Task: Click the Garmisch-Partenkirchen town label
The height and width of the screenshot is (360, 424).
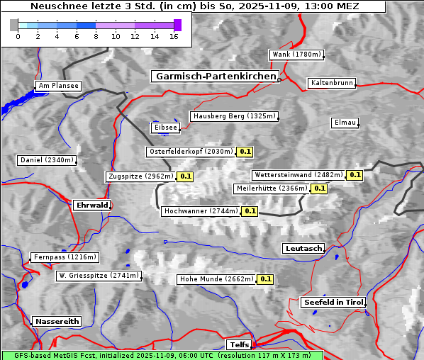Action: pos(214,76)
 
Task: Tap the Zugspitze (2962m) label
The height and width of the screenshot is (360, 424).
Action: pos(140,176)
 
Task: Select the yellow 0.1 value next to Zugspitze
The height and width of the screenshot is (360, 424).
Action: pos(185,176)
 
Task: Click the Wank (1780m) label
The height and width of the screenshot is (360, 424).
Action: pos(296,55)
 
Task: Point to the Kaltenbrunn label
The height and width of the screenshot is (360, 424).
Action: pos(331,83)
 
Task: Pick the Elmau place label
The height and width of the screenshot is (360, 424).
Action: pos(345,123)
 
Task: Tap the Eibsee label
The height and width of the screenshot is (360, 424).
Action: pos(164,128)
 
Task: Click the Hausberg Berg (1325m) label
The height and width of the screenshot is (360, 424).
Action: pos(234,116)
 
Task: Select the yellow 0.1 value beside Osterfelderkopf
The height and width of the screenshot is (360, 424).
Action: pos(245,152)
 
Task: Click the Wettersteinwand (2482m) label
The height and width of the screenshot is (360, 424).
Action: pos(299,175)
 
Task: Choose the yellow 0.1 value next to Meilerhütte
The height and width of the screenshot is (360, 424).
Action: pos(319,189)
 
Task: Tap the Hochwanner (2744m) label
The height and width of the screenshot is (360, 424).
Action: pos(201,211)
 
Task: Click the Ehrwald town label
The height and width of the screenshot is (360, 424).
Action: pos(91,205)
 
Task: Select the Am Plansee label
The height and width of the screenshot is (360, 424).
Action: pos(57,86)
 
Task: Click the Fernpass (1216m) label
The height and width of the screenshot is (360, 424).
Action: pos(65,257)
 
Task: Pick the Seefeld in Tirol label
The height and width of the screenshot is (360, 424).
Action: pos(333,302)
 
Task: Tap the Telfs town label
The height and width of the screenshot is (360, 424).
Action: pos(237,344)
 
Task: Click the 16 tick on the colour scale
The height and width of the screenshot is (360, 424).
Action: pos(174,35)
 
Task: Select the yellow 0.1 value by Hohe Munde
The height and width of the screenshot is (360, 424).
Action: pos(265,279)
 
